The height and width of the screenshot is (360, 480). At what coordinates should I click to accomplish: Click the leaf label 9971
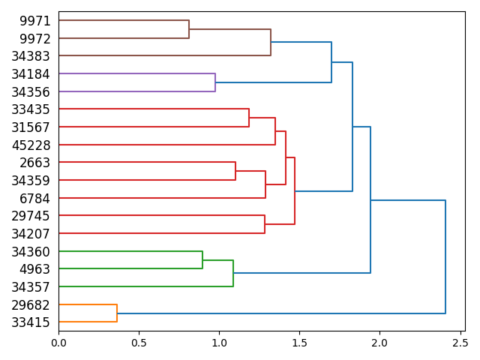[x=36, y=21]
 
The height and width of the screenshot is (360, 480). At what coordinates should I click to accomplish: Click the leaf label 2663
[x=36, y=163]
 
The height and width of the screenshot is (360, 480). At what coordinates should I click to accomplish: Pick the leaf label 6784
[x=36, y=198]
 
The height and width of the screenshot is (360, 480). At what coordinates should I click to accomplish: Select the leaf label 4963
[x=36, y=268]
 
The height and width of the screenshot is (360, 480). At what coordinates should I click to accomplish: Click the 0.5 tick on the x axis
[x=139, y=343]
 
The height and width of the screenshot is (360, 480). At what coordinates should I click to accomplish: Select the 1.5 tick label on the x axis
[x=299, y=343]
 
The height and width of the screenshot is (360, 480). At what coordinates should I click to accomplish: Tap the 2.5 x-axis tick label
[x=460, y=343]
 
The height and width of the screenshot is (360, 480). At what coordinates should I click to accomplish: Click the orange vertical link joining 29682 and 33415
[x=117, y=313]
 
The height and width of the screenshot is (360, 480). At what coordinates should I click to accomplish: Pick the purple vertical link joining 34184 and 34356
[x=215, y=82]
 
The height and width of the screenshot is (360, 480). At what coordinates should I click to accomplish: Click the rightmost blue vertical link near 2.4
[x=445, y=256]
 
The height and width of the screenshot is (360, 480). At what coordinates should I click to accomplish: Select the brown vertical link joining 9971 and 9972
[x=189, y=29]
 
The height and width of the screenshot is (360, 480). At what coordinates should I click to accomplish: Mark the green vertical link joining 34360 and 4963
[x=202, y=259]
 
